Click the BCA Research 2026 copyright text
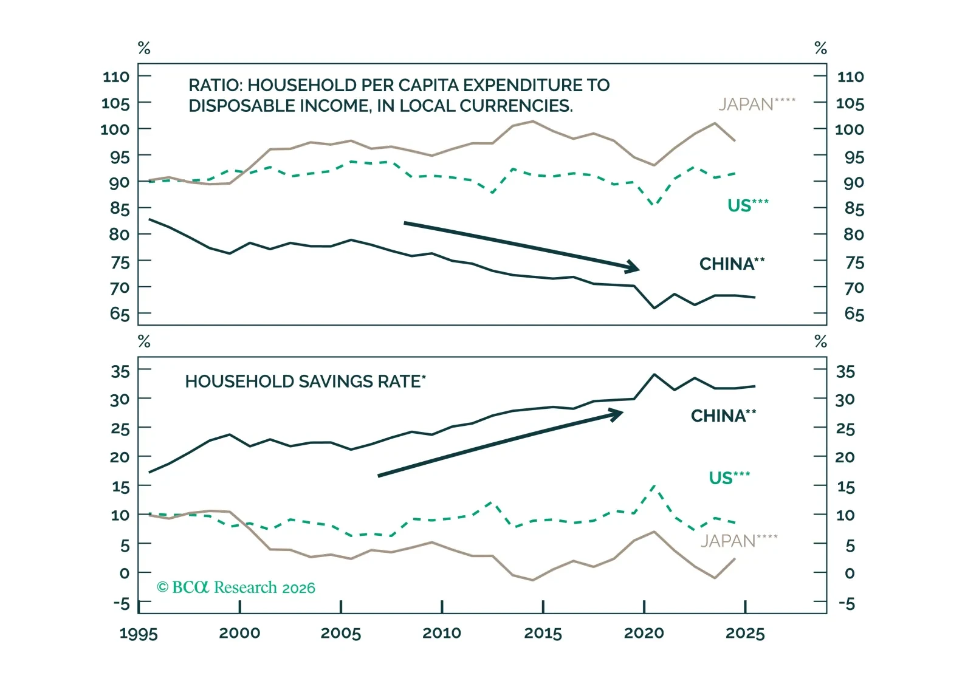tap(236, 587)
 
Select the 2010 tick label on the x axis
tap(442, 633)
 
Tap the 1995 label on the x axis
tap(139, 634)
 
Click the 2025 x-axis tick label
tap(745, 634)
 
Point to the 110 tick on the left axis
tap(116, 77)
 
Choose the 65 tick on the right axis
tap(854, 314)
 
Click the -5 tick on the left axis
tap(122, 604)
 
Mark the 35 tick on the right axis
tap(846, 371)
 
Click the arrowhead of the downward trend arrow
tap(634, 267)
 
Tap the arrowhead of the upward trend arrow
tap(617, 414)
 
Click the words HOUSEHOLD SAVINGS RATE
tap(303, 382)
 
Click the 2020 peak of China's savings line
tap(654, 374)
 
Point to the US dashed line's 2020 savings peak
tap(654, 486)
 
